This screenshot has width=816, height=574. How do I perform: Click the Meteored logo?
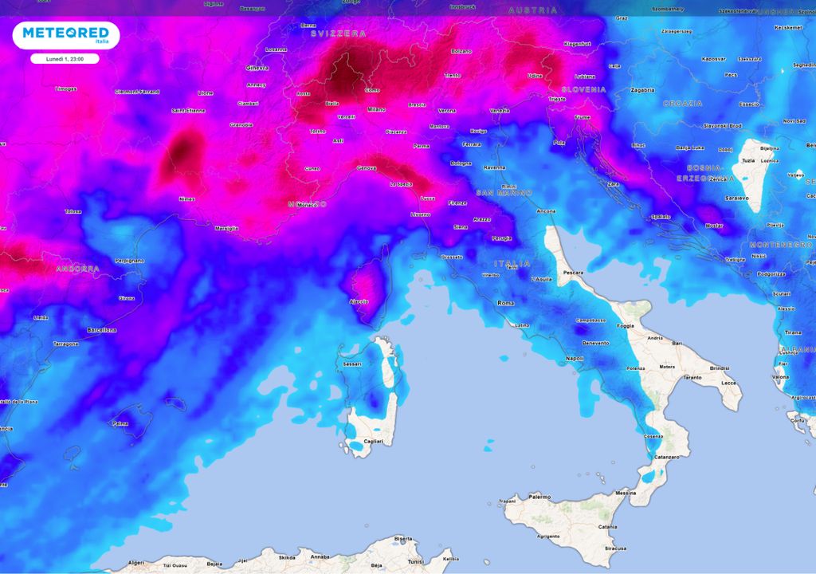tap(65, 34)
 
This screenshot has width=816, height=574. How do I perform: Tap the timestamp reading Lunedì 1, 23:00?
tap(65, 59)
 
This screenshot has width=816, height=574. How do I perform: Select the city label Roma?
tap(506, 303)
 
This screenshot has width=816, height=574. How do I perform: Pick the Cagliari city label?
tap(373, 441)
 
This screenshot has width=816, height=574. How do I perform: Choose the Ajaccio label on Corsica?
tap(359, 302)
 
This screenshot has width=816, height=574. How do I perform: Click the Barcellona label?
tap(102, 330)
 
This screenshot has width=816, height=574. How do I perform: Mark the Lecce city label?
tap(729, 383)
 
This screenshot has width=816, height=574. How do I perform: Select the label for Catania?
tap(607, 527)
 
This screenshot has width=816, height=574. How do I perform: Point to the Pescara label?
tap(573, 273)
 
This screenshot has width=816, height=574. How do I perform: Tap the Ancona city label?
tap(546, 211)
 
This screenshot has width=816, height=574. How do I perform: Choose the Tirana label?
tap(793, 332)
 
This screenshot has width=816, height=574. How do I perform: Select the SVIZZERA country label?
tap(339, 33)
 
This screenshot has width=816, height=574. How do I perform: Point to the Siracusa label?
tap(614, 548)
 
